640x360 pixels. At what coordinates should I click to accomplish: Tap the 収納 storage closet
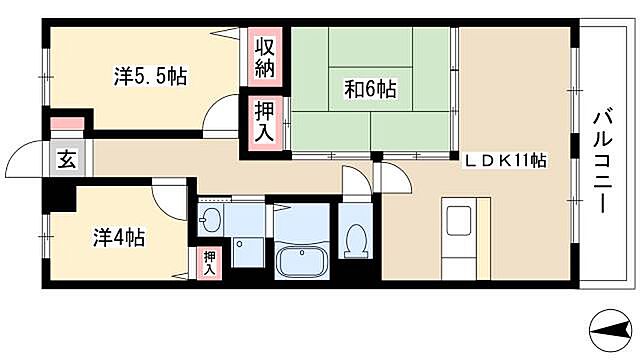pyautogui.click(x=263, y=57)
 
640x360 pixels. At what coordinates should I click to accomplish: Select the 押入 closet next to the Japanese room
pyautogui.click(x=263, y=120)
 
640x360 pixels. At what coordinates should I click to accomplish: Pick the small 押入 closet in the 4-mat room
pyautogui.click(x=209, y=262)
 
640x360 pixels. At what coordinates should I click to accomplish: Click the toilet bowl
pyautogui.click(x=355, y=241)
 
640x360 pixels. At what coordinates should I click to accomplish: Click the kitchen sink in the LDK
pyautogui.click(x=461, y=221)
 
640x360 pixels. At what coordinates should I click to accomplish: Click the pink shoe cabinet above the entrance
pyautogui.click(x=67, y=124)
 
